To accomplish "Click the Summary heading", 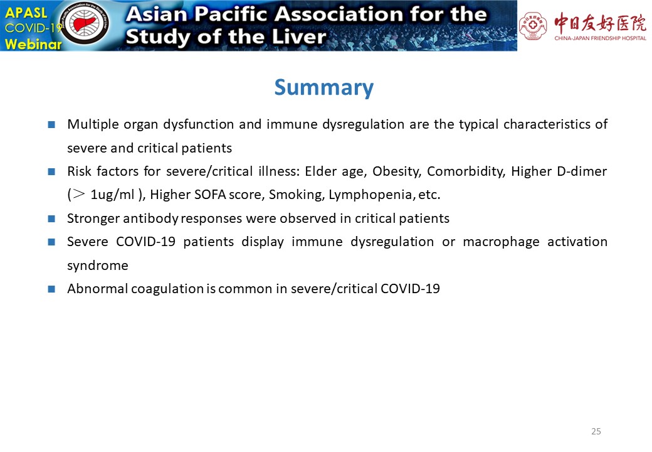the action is (324, 88).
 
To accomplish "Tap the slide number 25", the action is (596, 431).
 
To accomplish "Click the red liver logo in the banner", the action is (85, 25).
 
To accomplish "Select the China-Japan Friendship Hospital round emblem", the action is (533, 26).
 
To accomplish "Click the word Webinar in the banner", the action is (33, 44).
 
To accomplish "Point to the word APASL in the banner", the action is (26, 13).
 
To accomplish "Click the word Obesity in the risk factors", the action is (397, 171).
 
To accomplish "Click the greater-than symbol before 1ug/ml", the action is (79, 195).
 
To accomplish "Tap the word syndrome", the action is (98, 266).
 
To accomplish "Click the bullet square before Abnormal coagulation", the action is (51, 289).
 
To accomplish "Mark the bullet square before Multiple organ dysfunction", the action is (51, 124).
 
